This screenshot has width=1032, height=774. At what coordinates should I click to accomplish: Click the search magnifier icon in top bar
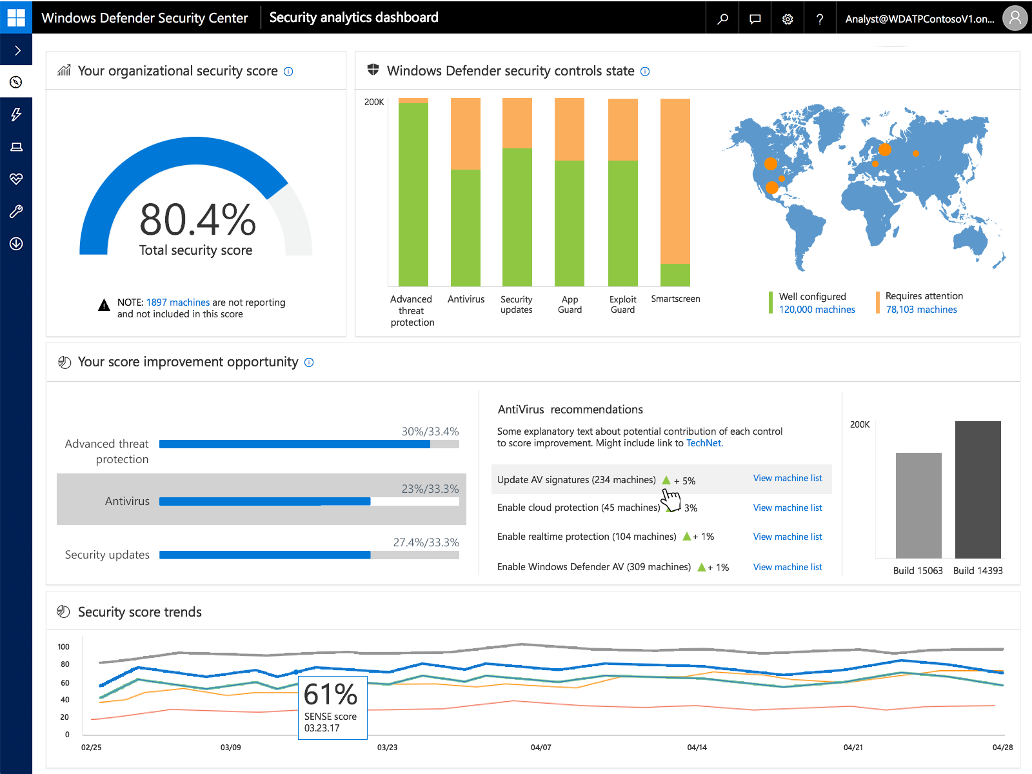pos(722,19)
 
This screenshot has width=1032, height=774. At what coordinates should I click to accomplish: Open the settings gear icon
pos(788,19)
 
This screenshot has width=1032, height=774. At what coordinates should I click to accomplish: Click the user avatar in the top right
pos(1015,18)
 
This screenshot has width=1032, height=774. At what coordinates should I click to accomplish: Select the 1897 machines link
pos(178,303)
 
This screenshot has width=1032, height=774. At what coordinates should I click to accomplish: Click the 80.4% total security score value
pos(197,220)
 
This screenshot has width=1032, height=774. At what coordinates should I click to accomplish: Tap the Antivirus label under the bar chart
pos(466,299)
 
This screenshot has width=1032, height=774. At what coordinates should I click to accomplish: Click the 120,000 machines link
pos(817,310)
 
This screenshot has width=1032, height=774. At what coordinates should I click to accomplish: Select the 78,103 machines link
pos(921,310)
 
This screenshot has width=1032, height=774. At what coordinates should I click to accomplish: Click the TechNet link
pos(704,443)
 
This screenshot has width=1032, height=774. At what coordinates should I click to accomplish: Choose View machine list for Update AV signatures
pos(788,478)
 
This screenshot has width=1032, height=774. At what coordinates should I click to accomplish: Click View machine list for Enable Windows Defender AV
pos(788,567)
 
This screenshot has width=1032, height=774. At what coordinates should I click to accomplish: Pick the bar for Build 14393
pos(978,490)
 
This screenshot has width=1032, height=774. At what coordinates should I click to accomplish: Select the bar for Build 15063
pos(918,506)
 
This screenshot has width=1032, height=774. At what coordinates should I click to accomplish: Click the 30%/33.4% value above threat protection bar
pos(430,432)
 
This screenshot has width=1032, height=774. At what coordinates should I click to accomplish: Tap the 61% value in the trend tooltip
pos(330,695)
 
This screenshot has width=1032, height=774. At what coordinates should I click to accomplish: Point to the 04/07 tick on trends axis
pos(541,747)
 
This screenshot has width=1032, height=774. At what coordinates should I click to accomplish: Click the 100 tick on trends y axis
pos(64,647)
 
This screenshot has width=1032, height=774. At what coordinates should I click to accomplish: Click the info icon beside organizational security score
pos(288,72)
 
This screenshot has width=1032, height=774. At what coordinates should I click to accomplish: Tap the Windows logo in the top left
pos(16,17)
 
